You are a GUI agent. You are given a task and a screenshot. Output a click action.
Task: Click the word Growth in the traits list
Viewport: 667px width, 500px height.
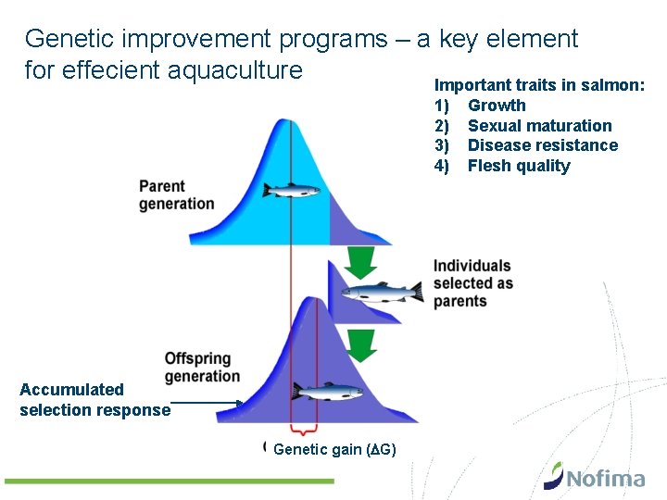[x=497, y=106]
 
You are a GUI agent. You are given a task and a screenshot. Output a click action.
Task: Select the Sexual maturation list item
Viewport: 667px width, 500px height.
[x=539, y=126]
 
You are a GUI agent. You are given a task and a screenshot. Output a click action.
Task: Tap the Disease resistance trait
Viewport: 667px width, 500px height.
[x=542, y=145]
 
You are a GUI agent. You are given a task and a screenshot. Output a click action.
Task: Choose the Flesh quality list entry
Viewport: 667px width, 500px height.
[x=519, y=166]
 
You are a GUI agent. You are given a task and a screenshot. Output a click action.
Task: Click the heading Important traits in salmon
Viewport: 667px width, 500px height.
[x=540, y=84]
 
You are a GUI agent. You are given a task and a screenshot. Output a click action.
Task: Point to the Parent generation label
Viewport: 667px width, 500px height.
[x=176, y=195]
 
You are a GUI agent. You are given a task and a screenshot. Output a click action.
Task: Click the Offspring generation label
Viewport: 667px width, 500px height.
[x=201, y=367]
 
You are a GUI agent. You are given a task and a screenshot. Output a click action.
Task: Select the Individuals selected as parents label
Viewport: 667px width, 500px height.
[x=472, y=283]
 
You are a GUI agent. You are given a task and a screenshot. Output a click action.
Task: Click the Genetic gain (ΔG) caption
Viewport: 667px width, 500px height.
[x=335, y=450]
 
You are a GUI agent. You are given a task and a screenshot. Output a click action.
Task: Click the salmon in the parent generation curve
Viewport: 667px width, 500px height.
[x=291, y=190]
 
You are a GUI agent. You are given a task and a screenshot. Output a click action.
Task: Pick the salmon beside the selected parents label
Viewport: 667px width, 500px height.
[x=381, y=293]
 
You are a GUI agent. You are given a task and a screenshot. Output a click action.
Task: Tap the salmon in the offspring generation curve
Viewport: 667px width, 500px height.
[x=327, y=392]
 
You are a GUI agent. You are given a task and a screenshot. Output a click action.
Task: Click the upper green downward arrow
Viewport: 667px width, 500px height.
[x=362, y=262]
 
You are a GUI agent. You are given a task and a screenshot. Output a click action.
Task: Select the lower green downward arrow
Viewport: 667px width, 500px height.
[x=362, y=344]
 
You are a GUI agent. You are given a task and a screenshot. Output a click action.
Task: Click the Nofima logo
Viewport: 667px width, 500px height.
[x=594, y=476]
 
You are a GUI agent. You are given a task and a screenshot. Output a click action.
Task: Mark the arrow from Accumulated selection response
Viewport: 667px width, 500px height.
[x=208, y=403]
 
